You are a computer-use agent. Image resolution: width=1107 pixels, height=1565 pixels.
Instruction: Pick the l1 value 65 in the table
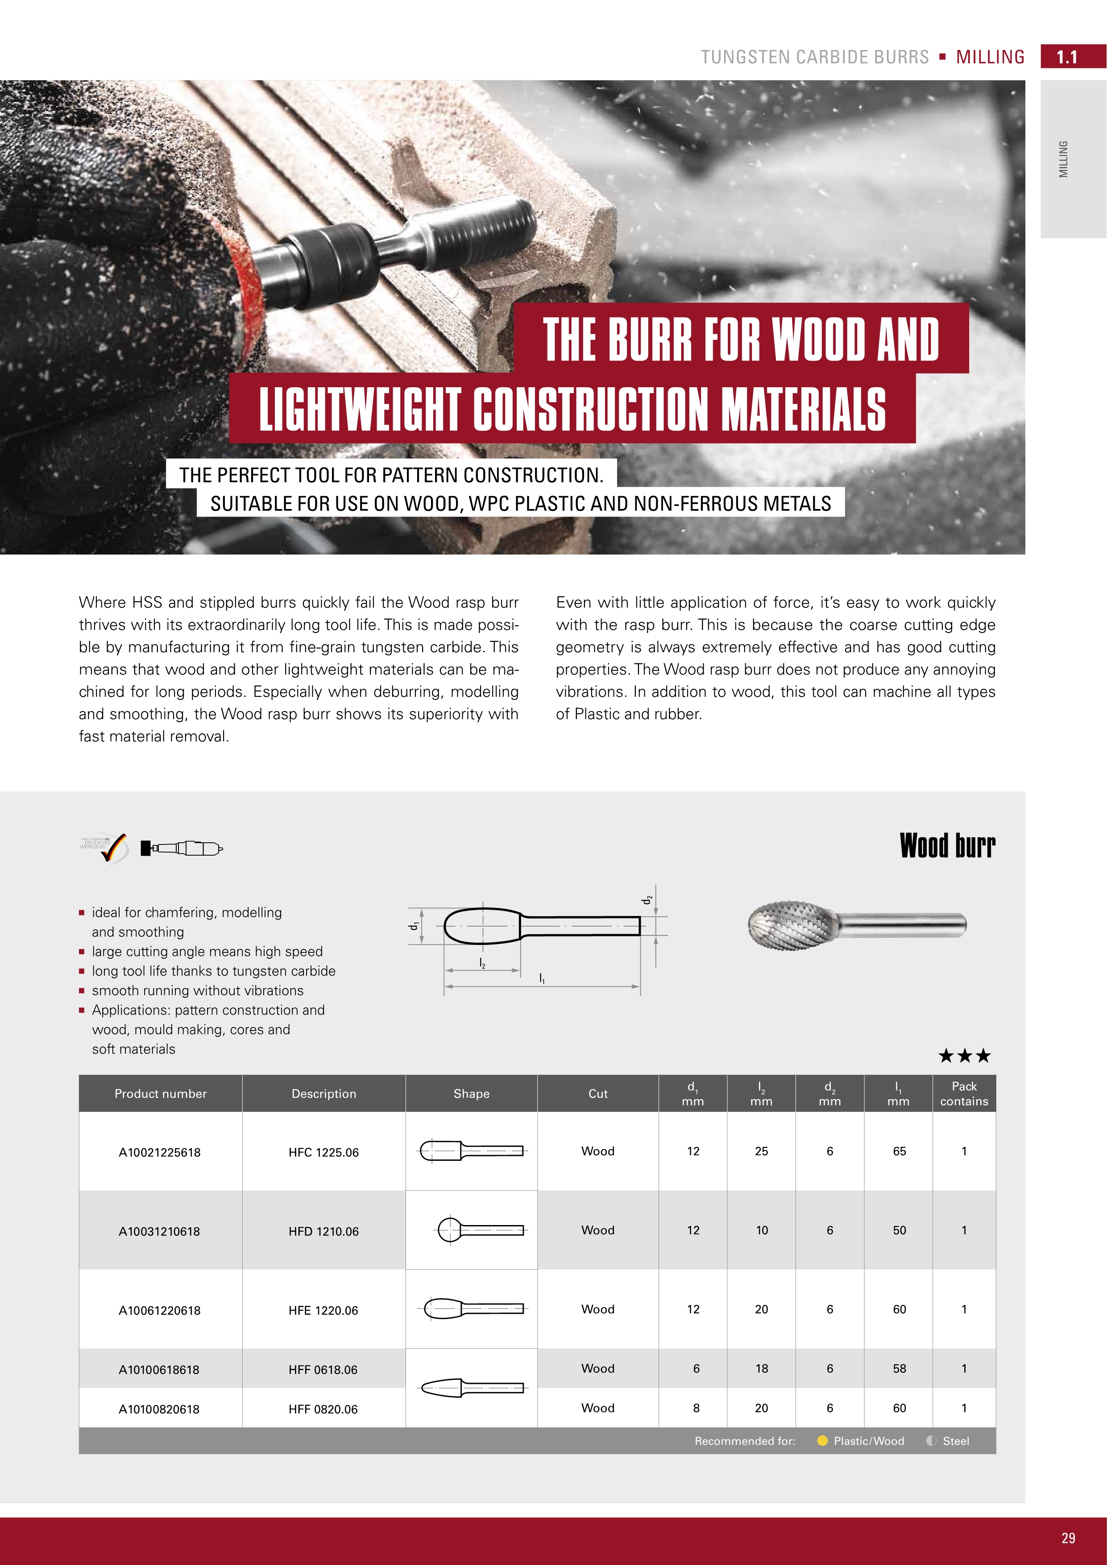tap(899, 1151)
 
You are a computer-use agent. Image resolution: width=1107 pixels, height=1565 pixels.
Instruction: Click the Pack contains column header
tap(964, 1093)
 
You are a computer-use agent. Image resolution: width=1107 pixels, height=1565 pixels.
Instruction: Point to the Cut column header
tap(598, 1094)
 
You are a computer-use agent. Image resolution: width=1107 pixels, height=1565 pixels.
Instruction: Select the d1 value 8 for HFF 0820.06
tap(696, 1408)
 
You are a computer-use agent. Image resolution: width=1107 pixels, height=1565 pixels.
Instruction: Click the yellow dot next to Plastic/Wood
tap(822, 1441)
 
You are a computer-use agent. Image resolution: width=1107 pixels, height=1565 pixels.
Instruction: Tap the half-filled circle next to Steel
tap(931, 1441)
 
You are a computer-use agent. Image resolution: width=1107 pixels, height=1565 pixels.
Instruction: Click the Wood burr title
tap(948, 846)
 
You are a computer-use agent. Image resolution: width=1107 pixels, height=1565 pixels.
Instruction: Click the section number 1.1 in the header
tap(1067, 57)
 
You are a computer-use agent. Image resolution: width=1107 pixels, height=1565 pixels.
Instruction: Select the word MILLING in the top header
tap(991, 57)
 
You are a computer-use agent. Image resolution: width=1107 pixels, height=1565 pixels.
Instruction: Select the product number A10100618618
tap(159, 1370)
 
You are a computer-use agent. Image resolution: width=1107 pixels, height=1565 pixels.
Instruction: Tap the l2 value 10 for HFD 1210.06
tap(761, 1230)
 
